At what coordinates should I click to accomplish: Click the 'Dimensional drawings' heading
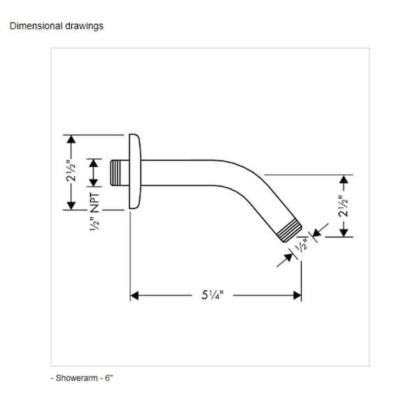tap(57, 27)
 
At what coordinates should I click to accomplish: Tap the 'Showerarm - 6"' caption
tap(82, 378)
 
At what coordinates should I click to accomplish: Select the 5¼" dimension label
tap(212, 295)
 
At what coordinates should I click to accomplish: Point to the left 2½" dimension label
tap(71, 171)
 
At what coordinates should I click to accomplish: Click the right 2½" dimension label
tap(344, 206)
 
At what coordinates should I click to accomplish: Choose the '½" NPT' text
tap(94, 212)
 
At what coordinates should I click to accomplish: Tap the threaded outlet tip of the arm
tap(290, 230)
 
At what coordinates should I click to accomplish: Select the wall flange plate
tap(135, 171)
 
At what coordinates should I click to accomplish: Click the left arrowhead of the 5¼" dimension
tap(134, 295)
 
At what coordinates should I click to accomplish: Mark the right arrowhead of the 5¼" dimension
tap(297, 295)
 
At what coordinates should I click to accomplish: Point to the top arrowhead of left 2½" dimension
tap(71, 140)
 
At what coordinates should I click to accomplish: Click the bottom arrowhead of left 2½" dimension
tap(71, 205)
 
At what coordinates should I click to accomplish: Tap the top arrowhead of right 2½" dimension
tap(344, 179)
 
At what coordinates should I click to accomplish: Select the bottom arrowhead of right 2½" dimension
tap(344, 233)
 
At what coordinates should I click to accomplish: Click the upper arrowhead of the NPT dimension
tap(94, 163)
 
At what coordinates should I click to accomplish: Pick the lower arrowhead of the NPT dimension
tap(94, 182)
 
